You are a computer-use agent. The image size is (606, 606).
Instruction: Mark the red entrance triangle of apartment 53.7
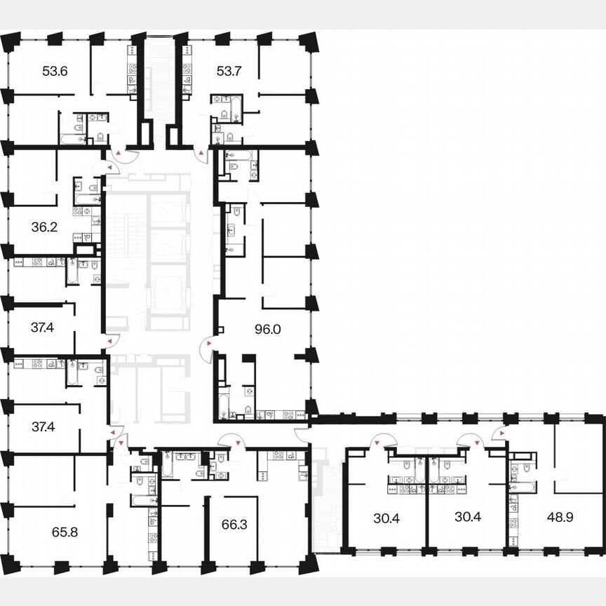[202, 152]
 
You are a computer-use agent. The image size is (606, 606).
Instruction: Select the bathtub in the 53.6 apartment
[71, 138]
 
